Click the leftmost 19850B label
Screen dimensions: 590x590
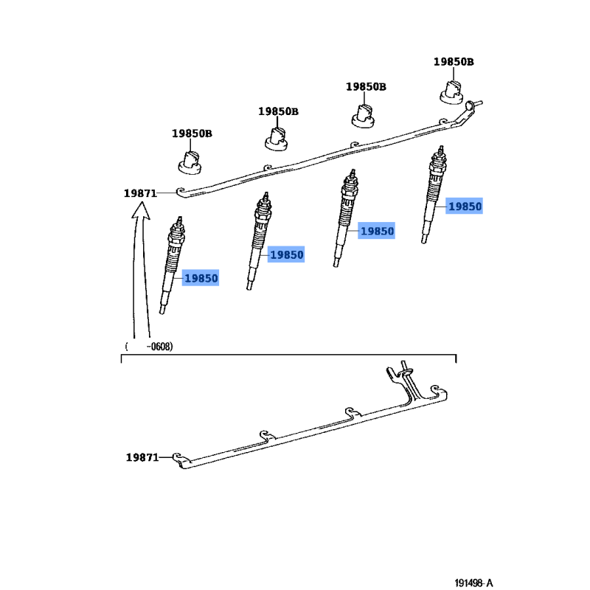(192, 133)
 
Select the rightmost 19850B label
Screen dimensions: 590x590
(454, 62)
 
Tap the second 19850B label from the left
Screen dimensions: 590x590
(278, 111)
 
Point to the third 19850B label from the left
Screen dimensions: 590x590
(366, 86)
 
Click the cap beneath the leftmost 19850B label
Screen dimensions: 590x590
(191, 162)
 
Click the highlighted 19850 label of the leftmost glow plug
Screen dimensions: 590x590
(201, 278)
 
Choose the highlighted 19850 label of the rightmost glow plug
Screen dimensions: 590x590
(465, 207)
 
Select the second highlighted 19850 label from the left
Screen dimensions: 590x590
(286, 254)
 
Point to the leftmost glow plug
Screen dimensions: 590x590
(172, 265)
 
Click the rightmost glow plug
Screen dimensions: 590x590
(435, 195)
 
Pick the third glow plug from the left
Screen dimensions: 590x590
(345, 219)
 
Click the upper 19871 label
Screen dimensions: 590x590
(140, 193)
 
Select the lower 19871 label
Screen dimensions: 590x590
(142, 458)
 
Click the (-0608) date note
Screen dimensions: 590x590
(150, 346)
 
